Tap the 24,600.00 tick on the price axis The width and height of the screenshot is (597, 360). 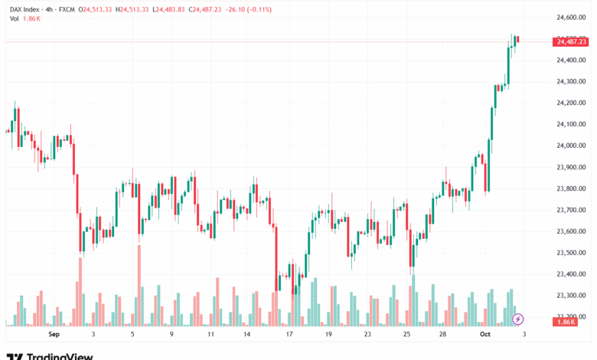[570, 17]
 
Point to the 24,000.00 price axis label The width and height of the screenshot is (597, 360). [570, 146]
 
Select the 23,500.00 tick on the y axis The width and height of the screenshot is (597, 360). [570, 253]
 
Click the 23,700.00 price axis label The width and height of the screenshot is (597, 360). [570, 210]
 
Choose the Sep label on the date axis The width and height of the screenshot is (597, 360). [54, 335]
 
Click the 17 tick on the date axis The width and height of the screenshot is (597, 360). [289, 335]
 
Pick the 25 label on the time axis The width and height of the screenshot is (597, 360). [407, 335]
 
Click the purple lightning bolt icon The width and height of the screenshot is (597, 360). [518, 319]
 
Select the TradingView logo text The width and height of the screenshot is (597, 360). [60, 356]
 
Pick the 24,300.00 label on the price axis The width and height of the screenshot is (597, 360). [570, 81]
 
